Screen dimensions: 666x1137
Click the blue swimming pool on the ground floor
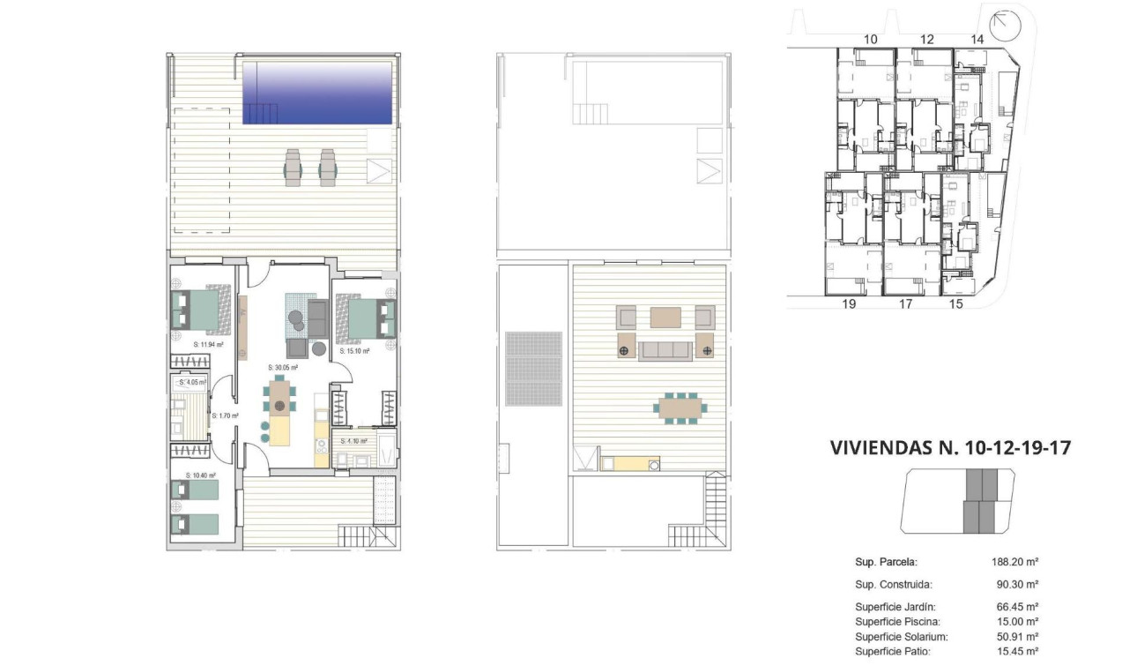[317, 93]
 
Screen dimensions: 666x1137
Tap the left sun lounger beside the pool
[294, 167]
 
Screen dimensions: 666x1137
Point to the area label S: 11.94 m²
[208, 345]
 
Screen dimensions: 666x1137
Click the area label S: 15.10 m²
[354, 350]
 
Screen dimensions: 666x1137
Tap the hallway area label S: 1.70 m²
[225, 415]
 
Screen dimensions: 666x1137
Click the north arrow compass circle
[1003, 26]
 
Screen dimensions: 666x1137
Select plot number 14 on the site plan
[977, 39]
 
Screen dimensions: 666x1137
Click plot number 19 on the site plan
[849, 304]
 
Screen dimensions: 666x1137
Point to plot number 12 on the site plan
[926, 39]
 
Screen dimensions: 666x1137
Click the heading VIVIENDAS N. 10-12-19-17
[950, 447]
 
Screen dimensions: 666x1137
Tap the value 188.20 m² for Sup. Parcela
[1014, 561]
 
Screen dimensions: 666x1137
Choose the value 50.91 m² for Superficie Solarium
[1014, 636]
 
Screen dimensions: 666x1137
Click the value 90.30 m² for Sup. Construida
[1014, 584]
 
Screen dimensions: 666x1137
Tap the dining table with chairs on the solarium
[680, 408]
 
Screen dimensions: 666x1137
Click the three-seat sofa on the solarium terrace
[664, 351]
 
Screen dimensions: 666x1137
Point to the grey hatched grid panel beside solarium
[533, 369]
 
